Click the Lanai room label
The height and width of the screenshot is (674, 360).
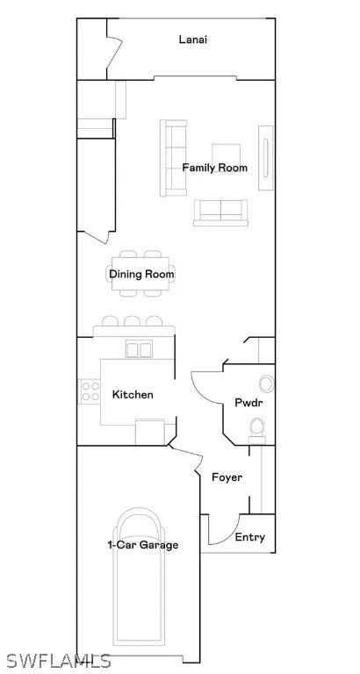pos(192,39)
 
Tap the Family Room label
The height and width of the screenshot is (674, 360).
pos(214,168)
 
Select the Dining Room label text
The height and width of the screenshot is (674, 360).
pos(141,274)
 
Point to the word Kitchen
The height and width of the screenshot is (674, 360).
pos(133,394)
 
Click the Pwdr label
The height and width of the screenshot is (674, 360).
pos(248,403)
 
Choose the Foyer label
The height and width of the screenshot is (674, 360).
pos(227,477)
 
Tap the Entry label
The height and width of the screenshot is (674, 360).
pos(250,537)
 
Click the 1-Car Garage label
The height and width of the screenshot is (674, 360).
pos(142,545)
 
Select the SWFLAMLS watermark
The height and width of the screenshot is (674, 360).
pos(59,661)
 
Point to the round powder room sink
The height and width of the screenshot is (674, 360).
pos(267,384)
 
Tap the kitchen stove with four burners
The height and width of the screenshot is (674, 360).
pos(90,391)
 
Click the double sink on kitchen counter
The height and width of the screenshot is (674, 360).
pos(139,348)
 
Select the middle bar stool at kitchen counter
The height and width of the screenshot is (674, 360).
pos(132,321)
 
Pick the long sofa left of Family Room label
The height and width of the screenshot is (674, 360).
pos(173,158)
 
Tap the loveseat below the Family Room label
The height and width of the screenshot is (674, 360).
pos(220,212)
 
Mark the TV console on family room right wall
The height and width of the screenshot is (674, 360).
pos(265,157)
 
